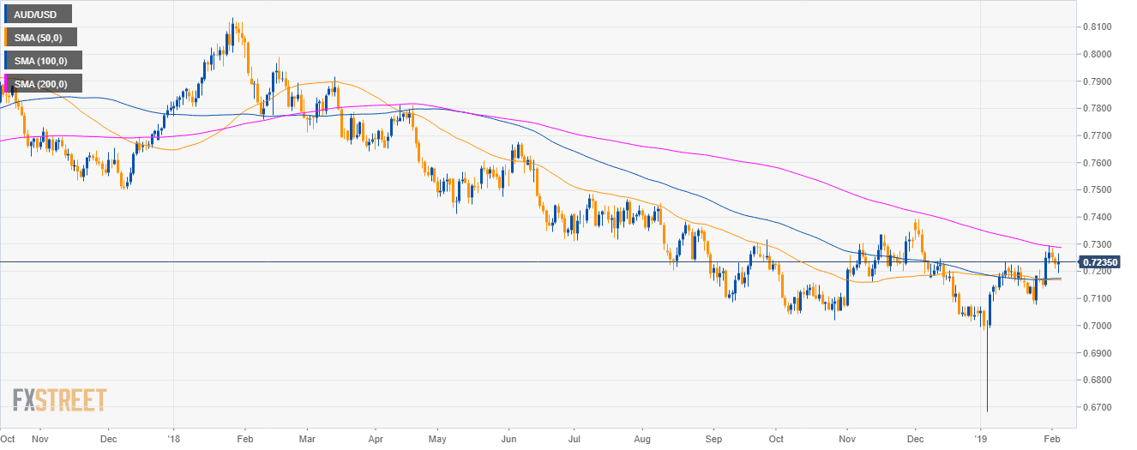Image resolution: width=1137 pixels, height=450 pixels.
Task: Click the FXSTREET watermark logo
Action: click(x=59, y=399)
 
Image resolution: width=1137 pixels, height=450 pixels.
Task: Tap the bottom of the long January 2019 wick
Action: click(x=987, y=411)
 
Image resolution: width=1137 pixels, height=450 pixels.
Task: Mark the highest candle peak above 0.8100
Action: click(x=232, y=19)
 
